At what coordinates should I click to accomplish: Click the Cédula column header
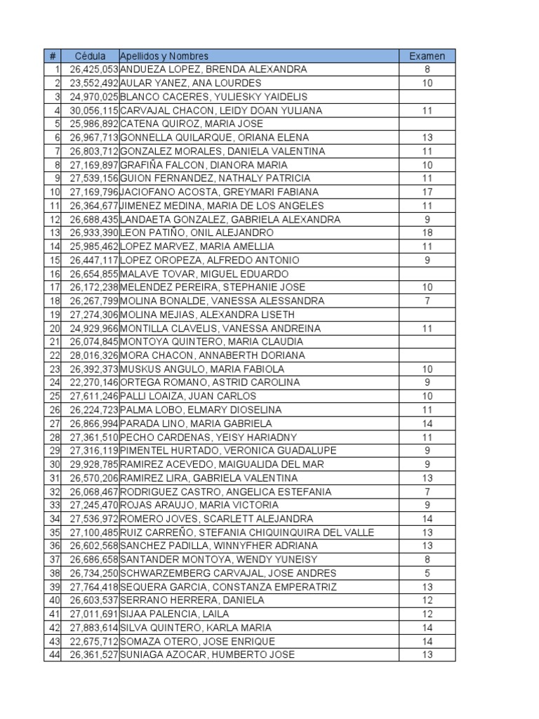click(91, 56)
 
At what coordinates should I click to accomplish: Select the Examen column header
click(427, 56)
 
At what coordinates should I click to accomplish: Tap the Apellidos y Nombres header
click(164, 56)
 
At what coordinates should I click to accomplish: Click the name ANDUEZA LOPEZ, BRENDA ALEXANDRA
click(213, 70)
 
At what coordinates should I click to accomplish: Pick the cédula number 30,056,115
click(94, 110)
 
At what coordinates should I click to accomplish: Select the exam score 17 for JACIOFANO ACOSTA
click(427, 192)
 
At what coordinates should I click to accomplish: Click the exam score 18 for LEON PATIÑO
click(427, 232)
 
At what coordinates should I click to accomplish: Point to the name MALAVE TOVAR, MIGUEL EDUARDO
click(204, 274)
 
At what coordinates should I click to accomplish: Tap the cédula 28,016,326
click(94, 355)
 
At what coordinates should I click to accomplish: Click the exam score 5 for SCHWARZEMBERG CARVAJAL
click(427, 573)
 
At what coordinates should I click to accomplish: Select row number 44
click(53, 655)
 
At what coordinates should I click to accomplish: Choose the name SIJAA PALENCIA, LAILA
click(175, 614)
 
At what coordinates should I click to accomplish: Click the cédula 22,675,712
click(94, 641)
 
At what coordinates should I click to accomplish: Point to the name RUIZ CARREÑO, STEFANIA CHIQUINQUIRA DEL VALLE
click(247, 532)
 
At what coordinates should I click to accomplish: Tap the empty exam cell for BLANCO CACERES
click(427, 97)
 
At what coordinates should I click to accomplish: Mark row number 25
click(53, 396)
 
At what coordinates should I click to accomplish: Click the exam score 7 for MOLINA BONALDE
click(427, 301)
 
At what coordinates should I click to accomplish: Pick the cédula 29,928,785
click(94, 464)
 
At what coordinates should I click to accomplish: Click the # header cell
click(53, 56)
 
